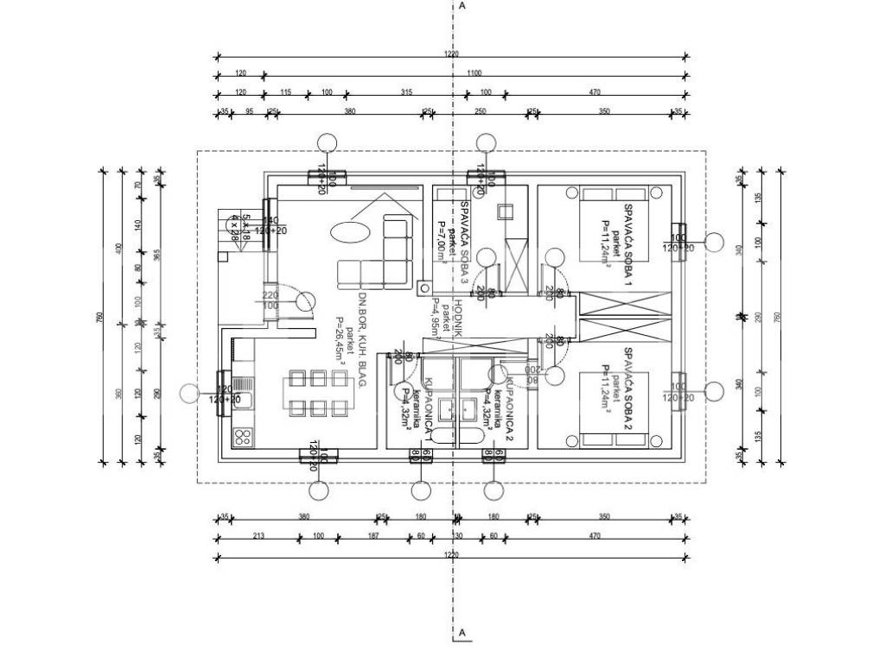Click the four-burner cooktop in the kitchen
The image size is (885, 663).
pos(241,436)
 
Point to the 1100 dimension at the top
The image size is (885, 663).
pos(474,73)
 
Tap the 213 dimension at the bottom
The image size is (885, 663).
pos(258,536)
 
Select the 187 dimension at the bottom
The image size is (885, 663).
pos(372,536)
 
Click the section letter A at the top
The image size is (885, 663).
pos(463,6)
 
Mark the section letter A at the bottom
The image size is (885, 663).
pos(463,634)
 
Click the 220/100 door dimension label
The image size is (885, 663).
pos(271,300)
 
